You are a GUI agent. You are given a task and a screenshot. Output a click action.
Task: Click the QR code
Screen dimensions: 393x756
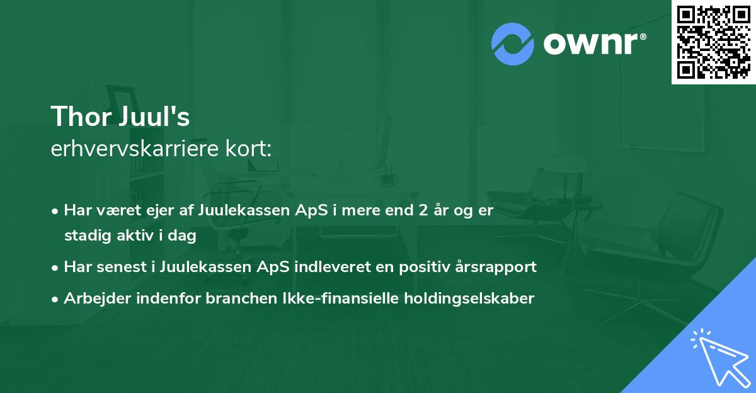click(x=713, y=42)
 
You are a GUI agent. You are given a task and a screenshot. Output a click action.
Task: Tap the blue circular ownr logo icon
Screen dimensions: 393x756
click(x=513, y=43)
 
